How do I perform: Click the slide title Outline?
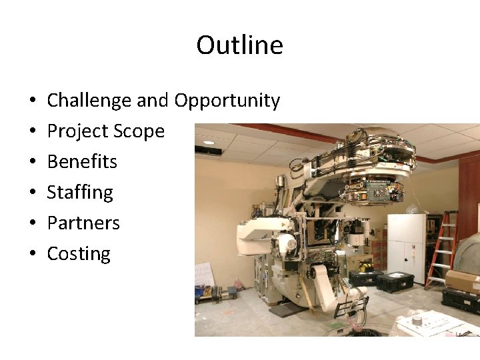point(239,45)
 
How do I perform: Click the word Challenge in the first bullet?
point(89,101)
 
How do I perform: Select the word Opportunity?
point(227,101)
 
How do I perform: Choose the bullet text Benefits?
point(82,162)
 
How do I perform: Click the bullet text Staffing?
point(80,193)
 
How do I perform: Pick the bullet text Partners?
point(83,223)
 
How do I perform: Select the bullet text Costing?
point(79,254)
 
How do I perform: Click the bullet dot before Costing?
point(32,255)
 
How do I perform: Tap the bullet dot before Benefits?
point(32,163)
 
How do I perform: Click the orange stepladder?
point(443,247)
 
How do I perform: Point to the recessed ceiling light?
point(209,142)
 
